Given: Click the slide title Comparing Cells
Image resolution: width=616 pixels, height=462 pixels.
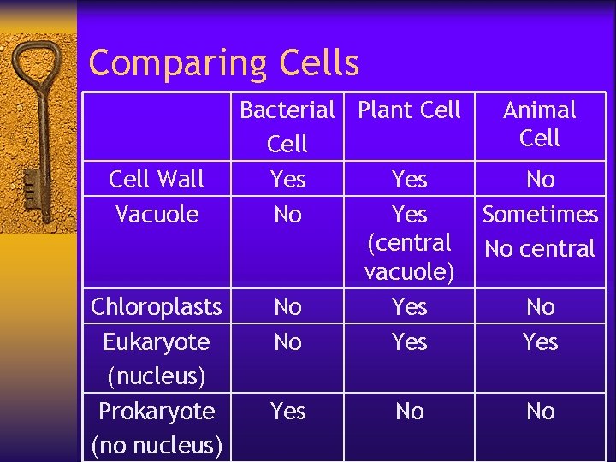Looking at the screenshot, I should coord(223,62).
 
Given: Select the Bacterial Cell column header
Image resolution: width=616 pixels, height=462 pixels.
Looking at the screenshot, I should coord(287,127).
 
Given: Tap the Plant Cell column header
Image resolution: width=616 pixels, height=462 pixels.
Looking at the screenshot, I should coord(409,110).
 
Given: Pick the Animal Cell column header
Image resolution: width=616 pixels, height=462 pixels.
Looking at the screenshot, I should coord(540,123).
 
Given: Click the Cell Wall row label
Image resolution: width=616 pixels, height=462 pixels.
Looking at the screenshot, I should coord(157,179).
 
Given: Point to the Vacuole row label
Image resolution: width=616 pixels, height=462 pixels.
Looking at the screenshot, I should coord(157,214).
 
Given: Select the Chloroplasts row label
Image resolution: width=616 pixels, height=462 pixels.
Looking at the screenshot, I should coord(157,306).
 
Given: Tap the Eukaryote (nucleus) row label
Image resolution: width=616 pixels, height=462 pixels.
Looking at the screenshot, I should coord(157,358).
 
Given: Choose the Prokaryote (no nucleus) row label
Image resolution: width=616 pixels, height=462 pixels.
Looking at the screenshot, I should coord(157,428).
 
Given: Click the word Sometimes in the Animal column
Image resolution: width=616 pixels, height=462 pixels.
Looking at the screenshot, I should coord(540,214).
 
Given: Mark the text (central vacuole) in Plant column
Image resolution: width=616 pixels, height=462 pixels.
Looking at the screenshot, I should coord(409,258).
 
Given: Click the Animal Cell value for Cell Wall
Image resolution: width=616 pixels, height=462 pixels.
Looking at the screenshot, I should coord(540,179).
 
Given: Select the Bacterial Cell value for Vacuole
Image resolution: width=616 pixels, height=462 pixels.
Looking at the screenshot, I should coord(287,214).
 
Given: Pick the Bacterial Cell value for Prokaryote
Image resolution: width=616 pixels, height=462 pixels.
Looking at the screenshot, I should coord(287,412).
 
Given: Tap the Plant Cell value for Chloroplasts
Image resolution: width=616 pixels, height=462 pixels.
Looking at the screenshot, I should coord(409,306).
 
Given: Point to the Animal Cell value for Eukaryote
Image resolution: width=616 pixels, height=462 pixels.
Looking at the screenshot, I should coord(540,341).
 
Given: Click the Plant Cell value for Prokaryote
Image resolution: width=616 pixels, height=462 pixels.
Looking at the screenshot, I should coord(409,412).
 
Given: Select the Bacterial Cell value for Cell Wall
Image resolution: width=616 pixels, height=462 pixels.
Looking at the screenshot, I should coord(287,179).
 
